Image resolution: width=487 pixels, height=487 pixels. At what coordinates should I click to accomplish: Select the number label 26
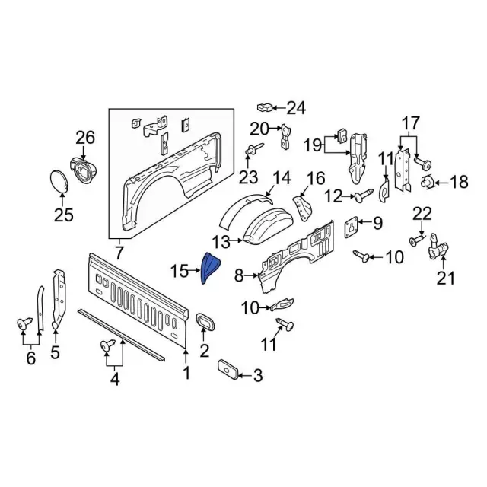tap(85, 138)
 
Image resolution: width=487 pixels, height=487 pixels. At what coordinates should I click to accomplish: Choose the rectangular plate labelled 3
tap(228, 369)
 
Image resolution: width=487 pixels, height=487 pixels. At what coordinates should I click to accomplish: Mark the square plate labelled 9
tap(352, 224)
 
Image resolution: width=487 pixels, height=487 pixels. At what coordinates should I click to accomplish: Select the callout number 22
tap(422, 214)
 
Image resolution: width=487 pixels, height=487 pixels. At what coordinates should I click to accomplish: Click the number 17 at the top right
tap(411, 123)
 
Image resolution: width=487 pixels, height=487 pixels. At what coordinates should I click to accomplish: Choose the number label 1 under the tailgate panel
tap(186, 373)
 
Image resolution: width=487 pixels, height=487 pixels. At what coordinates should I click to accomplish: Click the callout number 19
tap(314, 144)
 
